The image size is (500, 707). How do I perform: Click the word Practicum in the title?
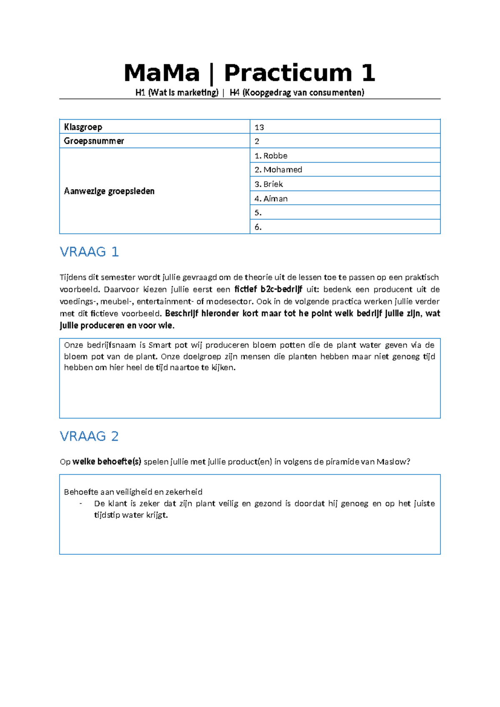[x=288, y=73]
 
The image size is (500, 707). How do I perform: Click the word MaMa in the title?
[x=162, y=73]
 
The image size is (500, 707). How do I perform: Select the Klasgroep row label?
[x=83, y=127]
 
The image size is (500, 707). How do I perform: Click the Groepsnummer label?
[x=94, y=141]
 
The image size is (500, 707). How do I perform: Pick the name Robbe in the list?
[x=275, y=155]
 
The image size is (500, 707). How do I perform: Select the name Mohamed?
[x=282, y=170]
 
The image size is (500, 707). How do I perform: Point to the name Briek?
[x=273, y=184]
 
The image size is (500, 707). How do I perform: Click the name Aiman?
[x=275, y=198]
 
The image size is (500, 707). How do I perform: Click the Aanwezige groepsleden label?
[x=109, y=191]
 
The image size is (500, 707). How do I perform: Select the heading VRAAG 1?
[x=89, y=252]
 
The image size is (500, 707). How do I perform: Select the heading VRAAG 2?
[x=89, y=436]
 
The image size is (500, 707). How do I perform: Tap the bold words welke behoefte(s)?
[x=107, y=461]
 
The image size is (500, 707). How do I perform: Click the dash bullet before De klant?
[x=80, y=504]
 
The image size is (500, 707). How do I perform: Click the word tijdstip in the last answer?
[x=107, y=515]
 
